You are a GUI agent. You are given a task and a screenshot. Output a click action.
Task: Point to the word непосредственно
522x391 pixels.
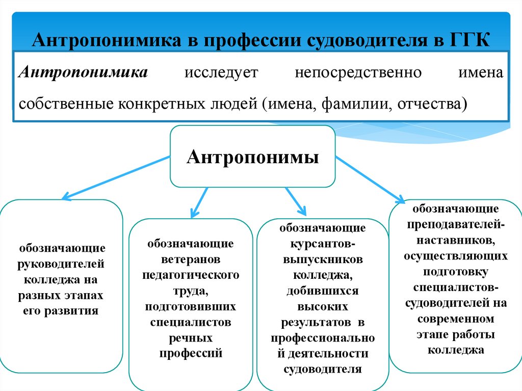point(358,72)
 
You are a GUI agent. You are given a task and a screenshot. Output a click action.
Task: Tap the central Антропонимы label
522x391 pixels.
point(252,157)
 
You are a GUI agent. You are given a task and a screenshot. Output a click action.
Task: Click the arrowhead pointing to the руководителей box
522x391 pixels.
point(65,196)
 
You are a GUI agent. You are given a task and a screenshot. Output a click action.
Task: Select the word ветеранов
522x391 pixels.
point(191,259)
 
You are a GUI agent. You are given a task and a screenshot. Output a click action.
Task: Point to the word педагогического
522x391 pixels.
point(191,275)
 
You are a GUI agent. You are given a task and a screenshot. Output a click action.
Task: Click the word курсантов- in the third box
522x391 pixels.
point(322,244)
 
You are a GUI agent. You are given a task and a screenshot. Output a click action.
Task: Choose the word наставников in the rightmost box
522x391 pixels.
point(455,239)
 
